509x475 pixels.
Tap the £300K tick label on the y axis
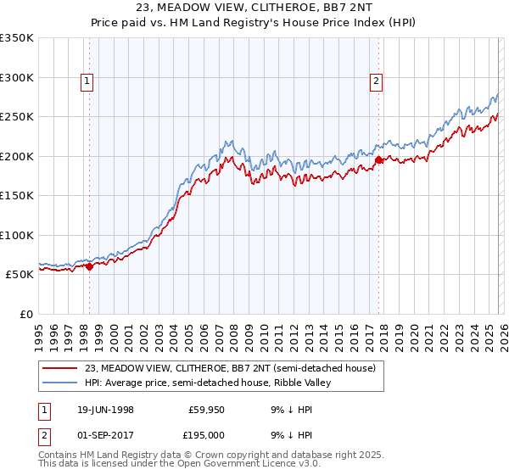click(x=17, y=77)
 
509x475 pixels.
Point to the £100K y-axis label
click(x=17, y=235)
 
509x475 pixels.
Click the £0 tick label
click(x=25, y=314)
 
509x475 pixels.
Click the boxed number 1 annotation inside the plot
click(x=87, y=81)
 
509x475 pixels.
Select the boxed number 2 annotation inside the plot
click(x=375, y=81)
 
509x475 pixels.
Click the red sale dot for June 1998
click(x=90, y=266)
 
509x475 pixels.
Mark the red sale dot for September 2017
click(x=378, y=159)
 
